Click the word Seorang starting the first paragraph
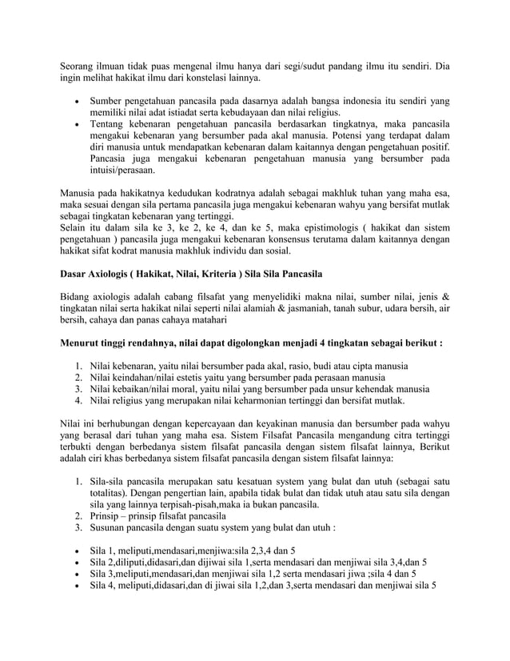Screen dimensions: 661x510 [81, 65]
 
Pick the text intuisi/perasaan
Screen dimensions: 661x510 [122, 170]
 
